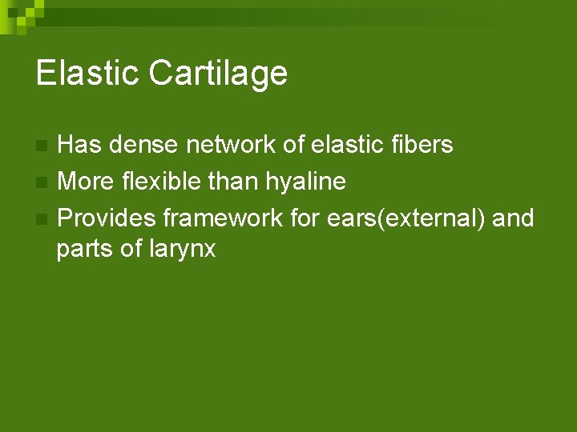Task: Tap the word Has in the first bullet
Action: tap(80, 145)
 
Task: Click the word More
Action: tap(87, 182)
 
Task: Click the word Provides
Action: tap(107, 217)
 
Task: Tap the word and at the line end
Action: tap(513, 217)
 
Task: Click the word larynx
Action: tap(183, 250)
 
